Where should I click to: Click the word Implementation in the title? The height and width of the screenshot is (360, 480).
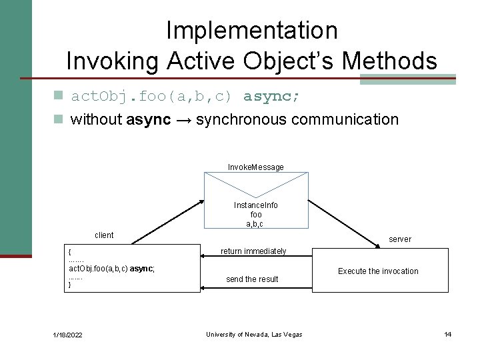pyautogui.click(x=251, y=30)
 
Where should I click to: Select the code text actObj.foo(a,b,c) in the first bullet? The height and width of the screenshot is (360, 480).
pyautogui.click(x=151, y=97)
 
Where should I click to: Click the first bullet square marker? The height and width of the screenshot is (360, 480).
pyautogui.click(x=59, y=97)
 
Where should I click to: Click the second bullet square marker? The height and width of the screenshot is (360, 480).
pyautogui.click(x=59, y=120)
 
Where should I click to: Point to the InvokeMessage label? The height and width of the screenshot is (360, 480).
pyautogui.click(x=255, y=167)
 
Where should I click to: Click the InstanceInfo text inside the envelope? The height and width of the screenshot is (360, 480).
pyautogui.click(x=256, y=205)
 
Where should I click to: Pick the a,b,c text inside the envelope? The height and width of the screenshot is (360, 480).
pyautogui.click(x=256, y=224)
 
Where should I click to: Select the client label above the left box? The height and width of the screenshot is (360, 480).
pyautogui.click(x=104, y=235)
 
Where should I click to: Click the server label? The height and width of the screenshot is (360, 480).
pyautogui.click(x=400, y=239)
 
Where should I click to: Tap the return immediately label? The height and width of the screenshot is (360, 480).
pyautogui.click(x=253, y=251)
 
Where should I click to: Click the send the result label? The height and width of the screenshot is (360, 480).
pyautogui.click(x=252, y=279)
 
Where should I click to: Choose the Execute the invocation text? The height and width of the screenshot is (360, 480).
pyautogui.click(x=378, y=271)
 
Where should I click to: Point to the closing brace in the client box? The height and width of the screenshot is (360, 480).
pyautogui.click(x=70, y=285)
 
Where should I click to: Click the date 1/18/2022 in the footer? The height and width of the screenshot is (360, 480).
pyautogui.click(x=68, y=335)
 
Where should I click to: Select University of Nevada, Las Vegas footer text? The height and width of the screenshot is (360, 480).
pyautogui.click(x=254, y=335)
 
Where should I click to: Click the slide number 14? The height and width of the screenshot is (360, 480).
pyautogui.click(x=448, y=335)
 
